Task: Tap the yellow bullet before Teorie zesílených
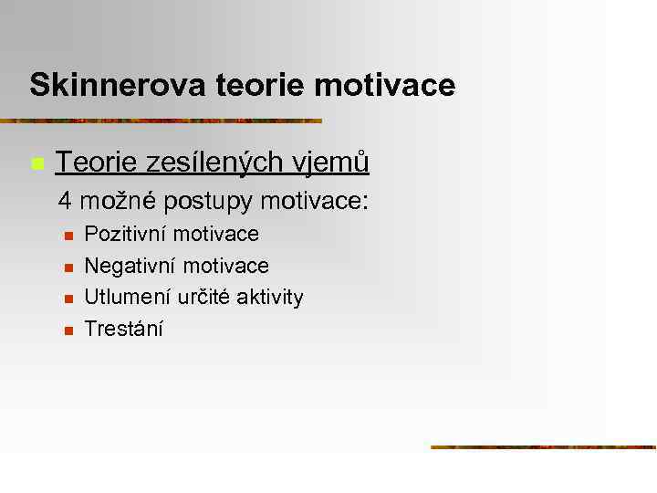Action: click(36, 164)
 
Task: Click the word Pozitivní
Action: click(126, 234)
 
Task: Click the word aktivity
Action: click(271, 297)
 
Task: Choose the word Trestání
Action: click(123, 329)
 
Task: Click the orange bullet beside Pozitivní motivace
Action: click(68, 236)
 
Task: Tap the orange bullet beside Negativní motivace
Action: click(68, 267)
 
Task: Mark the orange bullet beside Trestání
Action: click(68, 330)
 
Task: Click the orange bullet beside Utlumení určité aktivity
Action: click(68, 299)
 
